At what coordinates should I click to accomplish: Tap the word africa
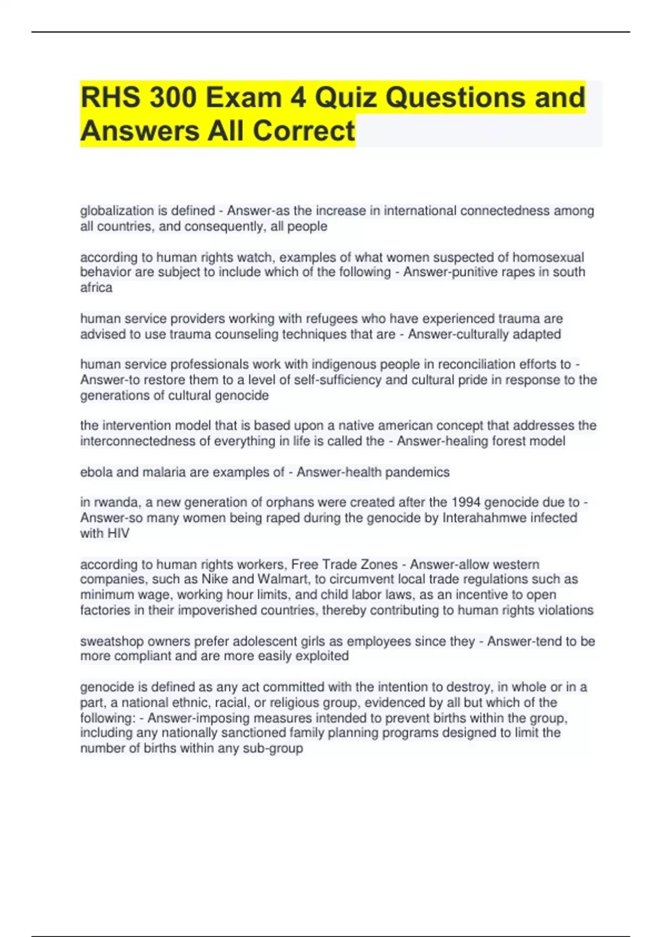96,288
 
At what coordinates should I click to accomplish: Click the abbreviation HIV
119,534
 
